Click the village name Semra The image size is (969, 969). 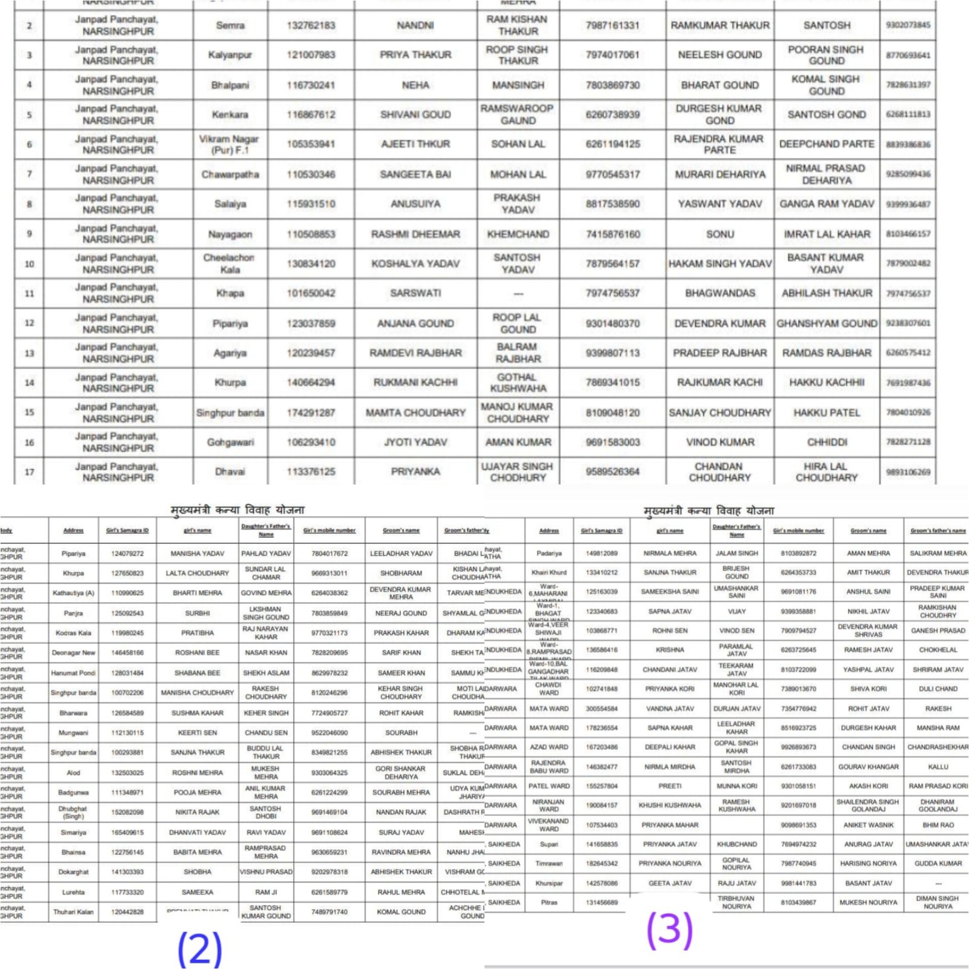coord(230,25)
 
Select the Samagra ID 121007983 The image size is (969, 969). coord(311,55)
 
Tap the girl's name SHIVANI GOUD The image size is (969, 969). coord(415,114)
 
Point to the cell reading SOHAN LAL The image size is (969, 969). coord(518,144)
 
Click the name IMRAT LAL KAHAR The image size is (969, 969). coord(827,234)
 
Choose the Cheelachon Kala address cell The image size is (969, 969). coord(230,263)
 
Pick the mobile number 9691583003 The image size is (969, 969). coord(612,442)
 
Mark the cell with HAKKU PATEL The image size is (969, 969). coord(827,412)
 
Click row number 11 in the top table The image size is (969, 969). coord(29,294)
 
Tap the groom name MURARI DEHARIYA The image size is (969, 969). coord(719,174)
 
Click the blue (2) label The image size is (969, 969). coord(200,949)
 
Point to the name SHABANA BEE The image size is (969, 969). coord(197,673)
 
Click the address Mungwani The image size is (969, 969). coord(73,733)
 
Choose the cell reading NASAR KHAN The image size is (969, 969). coord(266,653)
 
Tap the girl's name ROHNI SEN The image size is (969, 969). coord(670,630)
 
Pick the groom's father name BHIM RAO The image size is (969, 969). coord(938,825)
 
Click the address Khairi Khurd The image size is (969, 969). coord(549,572)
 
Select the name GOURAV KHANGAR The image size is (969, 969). coord(868,767)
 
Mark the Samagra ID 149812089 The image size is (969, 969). coord(601,553)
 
